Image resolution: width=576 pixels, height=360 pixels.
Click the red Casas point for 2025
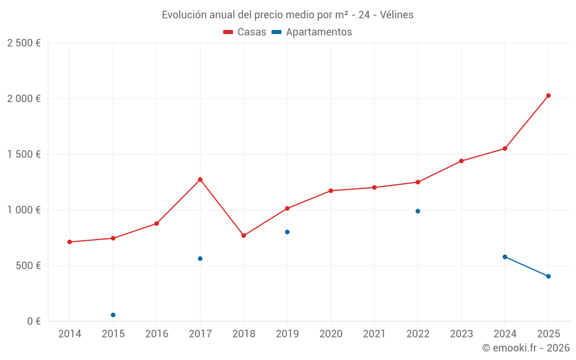pos(548,96)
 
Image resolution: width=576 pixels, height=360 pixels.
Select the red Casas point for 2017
pos(200,180)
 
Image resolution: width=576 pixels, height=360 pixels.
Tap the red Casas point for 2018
pos(244,236)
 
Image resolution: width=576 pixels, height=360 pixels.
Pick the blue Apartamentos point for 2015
pos(113,315)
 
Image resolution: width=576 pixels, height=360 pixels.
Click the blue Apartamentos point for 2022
pos(418,211)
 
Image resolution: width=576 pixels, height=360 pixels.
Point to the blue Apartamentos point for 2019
pos(287,232)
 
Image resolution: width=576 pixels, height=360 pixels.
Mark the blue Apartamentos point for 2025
pos(548,276)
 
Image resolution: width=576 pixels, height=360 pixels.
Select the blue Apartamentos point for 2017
pos(200,259)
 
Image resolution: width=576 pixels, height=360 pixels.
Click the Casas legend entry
pos(245,32)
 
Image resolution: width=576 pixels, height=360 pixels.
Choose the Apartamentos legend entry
pos(312,32)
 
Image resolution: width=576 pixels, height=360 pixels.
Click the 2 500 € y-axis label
pos(24,43)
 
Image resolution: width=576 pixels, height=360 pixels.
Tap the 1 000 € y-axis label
pos(24,210)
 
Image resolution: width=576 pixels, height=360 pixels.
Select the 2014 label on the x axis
pos(70,334)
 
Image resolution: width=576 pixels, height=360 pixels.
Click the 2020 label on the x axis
pos(331,334)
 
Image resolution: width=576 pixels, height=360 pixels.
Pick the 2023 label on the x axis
pos(461,334)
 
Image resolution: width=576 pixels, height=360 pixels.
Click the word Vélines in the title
pos(396,15)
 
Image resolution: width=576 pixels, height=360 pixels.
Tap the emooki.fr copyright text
pos(525,348)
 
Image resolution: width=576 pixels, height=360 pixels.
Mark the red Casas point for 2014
pos(70,242)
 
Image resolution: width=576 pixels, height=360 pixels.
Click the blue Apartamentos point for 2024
pos(505,257)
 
